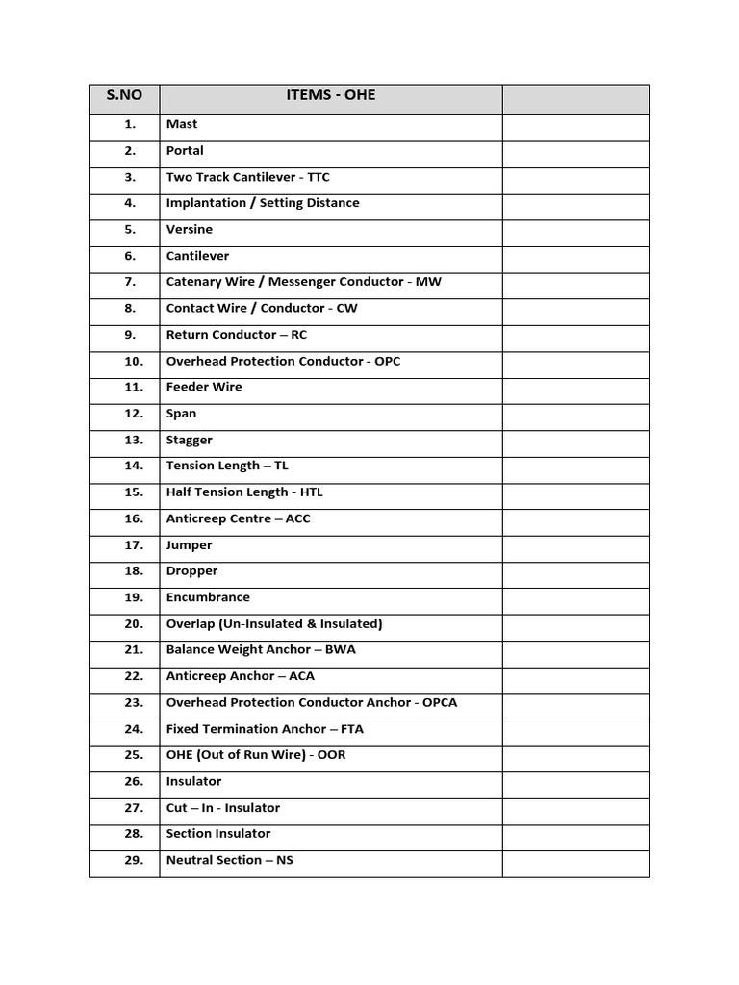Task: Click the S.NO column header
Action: point(124,96)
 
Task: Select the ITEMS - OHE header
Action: point(331,95)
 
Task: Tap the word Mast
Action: point(182,124)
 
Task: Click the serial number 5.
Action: point(129,230)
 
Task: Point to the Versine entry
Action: point(190,230)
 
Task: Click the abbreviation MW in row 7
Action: point(428,282)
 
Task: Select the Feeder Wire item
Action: point(204,387)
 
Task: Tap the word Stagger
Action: point(190,440)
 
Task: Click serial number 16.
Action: point(133,518)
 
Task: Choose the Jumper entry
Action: point(190,545)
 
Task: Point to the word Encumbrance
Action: point(208,597)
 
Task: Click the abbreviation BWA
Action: point(341,649)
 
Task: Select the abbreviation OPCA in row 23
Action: point(440,702)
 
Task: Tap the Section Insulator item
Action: point(218,833)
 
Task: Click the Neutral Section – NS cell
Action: point(230,860)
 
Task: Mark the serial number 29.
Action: point(133,860)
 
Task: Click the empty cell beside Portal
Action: point(574,151)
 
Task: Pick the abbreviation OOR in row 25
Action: point(329,755)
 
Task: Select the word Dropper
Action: point(192,571)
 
